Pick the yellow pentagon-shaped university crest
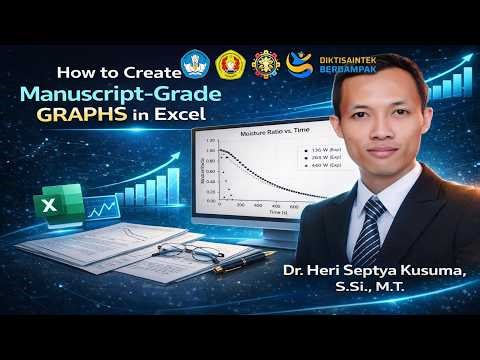point(231,65)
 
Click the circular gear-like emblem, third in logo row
point(267,64)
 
